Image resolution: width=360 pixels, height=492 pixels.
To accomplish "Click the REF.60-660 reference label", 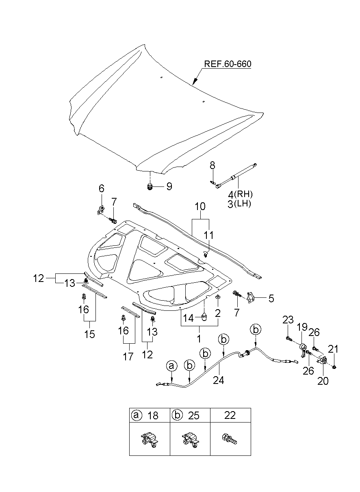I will click(x=227, y=64).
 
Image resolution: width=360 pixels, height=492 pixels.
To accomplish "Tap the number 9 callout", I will click(x=169, y=186).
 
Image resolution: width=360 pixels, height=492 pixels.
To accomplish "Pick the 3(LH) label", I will click(x=239, y=204).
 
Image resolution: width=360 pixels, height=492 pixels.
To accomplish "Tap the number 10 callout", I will click(x=200, y=207).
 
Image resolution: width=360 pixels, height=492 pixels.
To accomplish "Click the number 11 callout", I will click(x=208, y=235).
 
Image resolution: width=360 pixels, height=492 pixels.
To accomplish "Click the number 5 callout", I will click(x=271, y=299).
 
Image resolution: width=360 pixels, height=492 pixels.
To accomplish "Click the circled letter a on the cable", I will click(x=171, y=366).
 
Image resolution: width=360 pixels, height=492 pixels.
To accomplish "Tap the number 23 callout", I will click(x=288, y=320).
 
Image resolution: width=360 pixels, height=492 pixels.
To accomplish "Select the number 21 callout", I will click(x=333, y=349).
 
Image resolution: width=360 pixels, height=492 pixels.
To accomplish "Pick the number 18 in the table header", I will click(x=153, y=416).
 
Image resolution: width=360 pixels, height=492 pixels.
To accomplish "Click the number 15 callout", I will click(x=89, y=334).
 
